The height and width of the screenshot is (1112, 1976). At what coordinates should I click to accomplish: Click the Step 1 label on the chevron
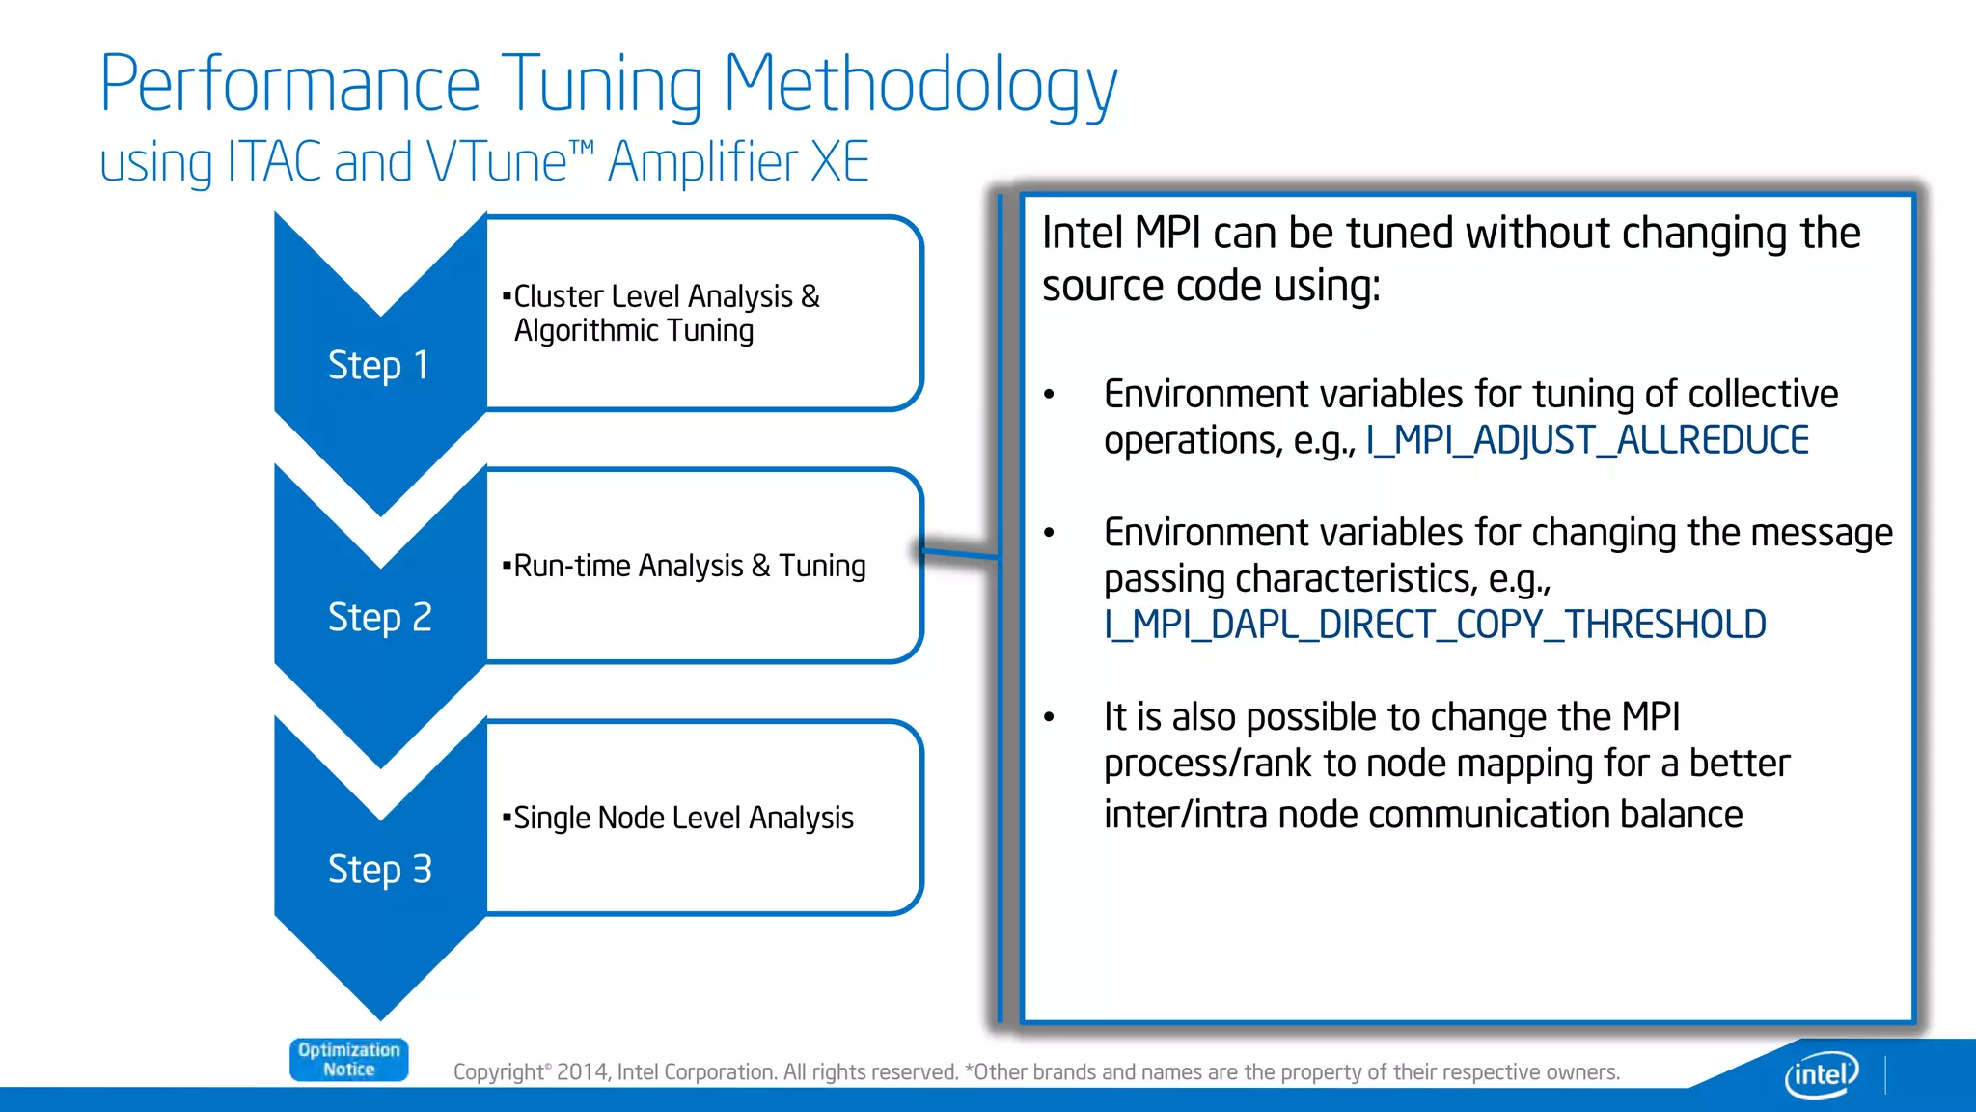378,366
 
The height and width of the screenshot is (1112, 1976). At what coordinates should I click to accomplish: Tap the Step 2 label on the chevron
379,618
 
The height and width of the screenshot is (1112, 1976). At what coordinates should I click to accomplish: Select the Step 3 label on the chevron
379,870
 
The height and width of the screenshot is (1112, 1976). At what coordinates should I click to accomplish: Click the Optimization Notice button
348,1060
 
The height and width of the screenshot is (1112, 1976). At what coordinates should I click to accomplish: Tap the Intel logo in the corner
1821,1073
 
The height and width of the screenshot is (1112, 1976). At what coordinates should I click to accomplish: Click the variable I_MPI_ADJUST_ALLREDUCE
1587,441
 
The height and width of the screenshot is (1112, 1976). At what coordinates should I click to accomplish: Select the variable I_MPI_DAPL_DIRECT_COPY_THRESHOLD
1435,625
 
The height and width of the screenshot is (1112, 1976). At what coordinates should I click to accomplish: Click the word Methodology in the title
919,85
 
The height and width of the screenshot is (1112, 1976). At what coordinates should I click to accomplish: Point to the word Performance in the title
289,85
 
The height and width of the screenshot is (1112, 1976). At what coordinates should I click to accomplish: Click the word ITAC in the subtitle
274,162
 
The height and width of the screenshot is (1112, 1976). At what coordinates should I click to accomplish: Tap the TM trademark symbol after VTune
582,147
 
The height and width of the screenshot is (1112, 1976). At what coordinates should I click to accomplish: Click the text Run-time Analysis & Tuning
689,566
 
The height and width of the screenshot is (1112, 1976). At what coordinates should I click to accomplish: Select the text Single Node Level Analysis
683,819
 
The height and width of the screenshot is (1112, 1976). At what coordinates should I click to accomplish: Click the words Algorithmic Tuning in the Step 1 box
634,331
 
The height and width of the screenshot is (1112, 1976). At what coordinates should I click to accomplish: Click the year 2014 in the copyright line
583,1072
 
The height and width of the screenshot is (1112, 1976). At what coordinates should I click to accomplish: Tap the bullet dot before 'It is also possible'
1050,717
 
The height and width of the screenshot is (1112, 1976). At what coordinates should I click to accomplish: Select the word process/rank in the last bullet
1208,764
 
